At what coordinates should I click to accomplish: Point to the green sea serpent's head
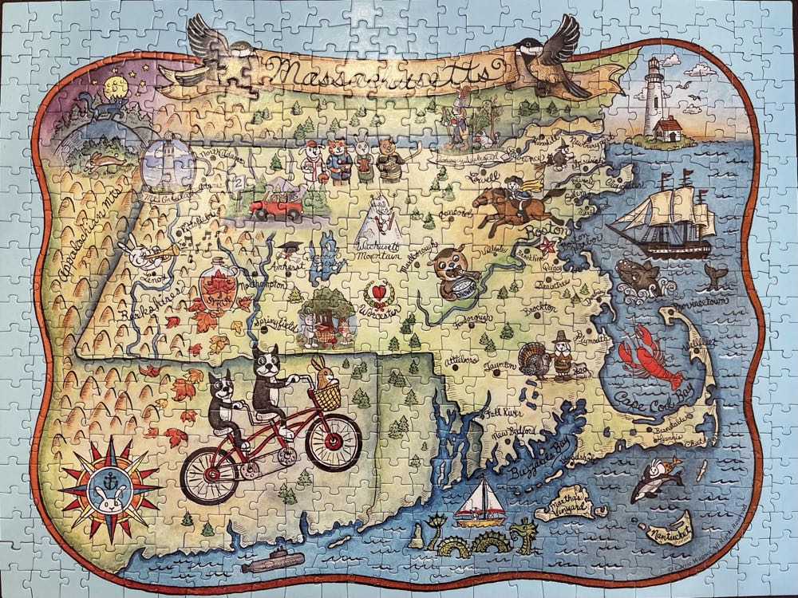point(526,530)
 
